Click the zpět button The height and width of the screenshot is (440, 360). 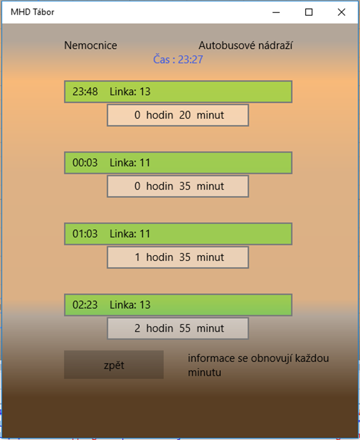point(114,365)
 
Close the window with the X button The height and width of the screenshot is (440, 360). point(342,12)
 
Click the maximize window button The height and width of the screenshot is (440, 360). point(309,12)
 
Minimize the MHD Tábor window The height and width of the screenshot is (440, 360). point(276,12)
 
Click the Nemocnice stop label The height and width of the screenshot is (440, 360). point(90,46)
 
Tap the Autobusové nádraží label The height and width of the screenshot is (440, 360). point(246,46)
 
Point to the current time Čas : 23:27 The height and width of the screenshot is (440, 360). point(178,60)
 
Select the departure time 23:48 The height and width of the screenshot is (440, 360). point(85,91)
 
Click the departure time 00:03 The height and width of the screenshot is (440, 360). point(85,162)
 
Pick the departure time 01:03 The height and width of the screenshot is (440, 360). point(85,234)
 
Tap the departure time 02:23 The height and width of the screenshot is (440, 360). point(85,305)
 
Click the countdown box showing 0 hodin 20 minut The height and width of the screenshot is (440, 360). point(178,115)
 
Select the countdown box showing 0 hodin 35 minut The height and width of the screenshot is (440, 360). point(178,186)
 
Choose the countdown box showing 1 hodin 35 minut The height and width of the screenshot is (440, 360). point(178,257)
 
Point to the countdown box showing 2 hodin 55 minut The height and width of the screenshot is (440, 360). point(178,329)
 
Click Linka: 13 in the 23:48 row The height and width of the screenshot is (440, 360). point(130,91)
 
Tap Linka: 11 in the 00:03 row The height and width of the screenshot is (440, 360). point(130,162)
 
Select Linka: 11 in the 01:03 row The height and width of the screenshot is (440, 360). point(130,234)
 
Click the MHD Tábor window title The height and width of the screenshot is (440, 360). point(32,12)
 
